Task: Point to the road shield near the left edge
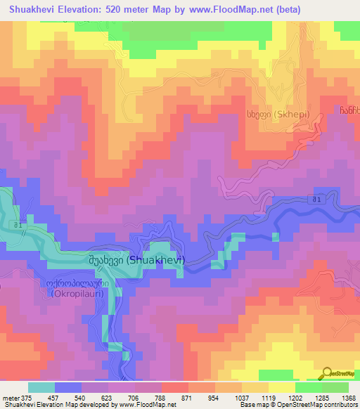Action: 19,224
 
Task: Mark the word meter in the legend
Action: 10,397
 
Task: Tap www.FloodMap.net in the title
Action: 237,9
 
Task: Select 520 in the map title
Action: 123,9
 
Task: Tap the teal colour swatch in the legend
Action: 41,387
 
